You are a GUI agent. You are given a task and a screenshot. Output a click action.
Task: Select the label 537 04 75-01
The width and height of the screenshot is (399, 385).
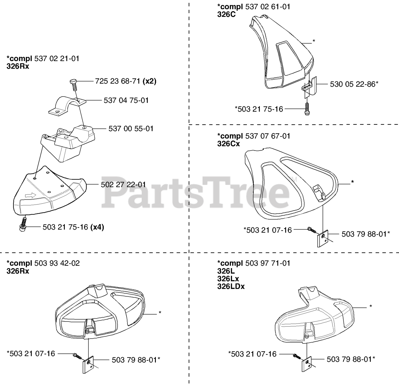[x=126, y=100]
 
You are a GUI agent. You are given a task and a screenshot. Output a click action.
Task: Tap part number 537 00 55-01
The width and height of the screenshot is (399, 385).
[x=131, y=128]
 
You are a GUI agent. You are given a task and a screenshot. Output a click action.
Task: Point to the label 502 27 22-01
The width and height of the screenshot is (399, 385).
[x=123, y=185]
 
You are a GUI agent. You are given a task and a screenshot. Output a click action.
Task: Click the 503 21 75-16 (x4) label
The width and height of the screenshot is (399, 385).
[x=73, y=227]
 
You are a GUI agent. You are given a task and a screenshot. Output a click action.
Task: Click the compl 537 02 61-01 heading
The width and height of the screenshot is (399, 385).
[x=253, y=7]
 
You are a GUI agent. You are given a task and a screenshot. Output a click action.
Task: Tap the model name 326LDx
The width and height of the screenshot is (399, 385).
[x=231, y=286]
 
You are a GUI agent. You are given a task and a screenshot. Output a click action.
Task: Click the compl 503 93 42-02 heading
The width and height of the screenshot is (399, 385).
[x=43, y=263]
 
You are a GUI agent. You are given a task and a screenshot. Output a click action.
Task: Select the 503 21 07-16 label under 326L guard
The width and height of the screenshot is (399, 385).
[x=252, y=354]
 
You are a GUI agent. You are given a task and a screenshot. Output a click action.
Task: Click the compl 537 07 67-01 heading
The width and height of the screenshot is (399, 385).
[x=253, y=136]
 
